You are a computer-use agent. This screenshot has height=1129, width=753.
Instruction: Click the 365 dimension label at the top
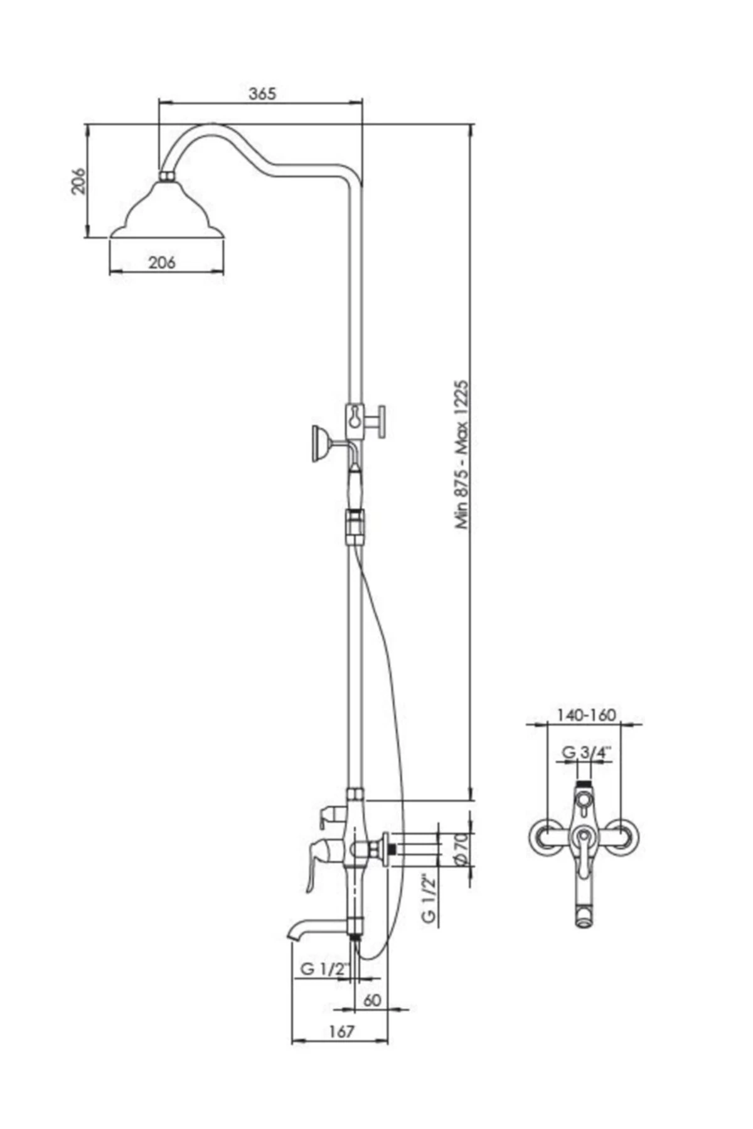point(262,94)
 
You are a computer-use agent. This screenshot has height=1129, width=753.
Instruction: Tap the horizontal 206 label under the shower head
point(162,262)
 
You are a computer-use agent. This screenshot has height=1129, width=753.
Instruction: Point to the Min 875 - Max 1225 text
point(462,454)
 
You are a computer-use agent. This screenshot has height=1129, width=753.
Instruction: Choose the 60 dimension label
point(372,1000)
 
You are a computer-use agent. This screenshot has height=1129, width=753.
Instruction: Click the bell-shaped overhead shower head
point(167,213)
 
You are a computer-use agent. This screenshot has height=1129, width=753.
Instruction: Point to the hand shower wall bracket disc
point(318,443)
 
